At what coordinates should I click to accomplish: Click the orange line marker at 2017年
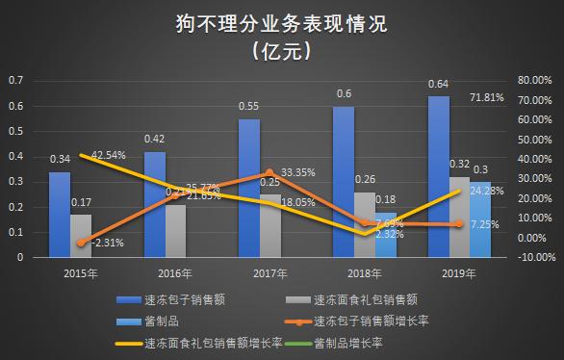[x=269, y=173]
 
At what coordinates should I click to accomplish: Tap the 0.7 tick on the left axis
[x=14, y=80]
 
